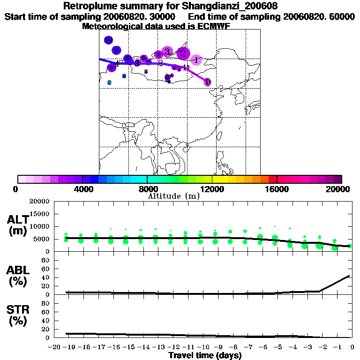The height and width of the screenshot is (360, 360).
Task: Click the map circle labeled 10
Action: (x=109, y=40)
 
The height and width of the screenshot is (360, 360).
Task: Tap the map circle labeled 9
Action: (x=117, y=50)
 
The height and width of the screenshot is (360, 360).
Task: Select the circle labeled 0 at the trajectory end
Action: (x=207, y=82)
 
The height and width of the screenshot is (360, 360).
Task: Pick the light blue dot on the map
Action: (x=109, y=82)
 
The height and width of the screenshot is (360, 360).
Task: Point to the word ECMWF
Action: (x=214, y=26)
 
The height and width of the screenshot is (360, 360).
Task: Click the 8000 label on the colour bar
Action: (x=147, y=189)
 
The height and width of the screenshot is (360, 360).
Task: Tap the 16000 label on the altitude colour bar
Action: (x=277, y=189)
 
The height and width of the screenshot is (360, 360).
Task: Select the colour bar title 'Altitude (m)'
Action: (x=173, y=196)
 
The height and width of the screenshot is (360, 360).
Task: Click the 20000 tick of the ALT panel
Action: (x=40, y=202)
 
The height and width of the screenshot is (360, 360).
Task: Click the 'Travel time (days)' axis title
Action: (x=205, y=355)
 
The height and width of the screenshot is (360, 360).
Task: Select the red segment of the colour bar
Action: (x=273, y=179)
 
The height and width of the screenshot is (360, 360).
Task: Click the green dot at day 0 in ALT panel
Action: (x=350, y=246)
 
